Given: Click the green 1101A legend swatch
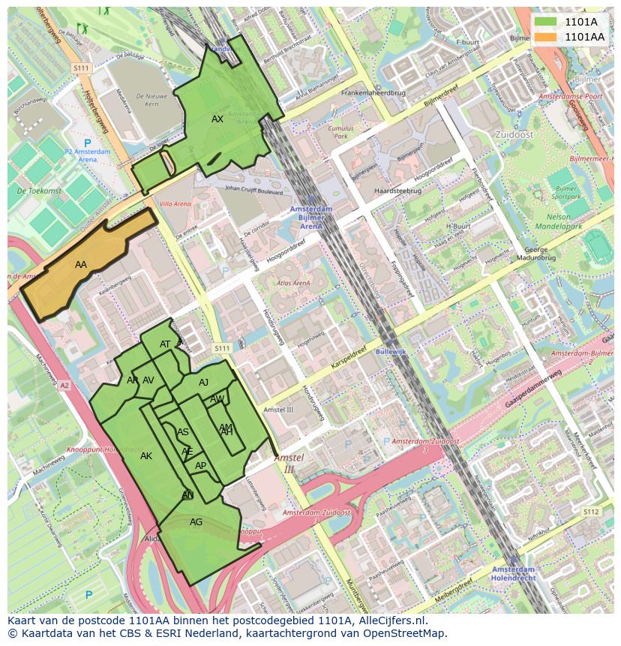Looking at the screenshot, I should click(x=546, y=22).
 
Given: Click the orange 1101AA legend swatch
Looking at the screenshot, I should click(x=546, y=36).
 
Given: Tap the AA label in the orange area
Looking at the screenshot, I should click(x=81, y=265).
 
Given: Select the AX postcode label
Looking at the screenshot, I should click(x=217, y=119).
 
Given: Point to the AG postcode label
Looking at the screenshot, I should click(x=196, y=522).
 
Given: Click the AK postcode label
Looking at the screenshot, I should click(x=146, y=456).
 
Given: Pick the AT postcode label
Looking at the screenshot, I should click(x=166, y=344).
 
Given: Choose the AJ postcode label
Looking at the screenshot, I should click(x=203, y=383).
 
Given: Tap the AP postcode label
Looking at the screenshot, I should click(x=200, y=466).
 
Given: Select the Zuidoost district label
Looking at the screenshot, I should click(x=514, y=134).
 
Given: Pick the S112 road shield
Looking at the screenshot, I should click(x=591, y=512).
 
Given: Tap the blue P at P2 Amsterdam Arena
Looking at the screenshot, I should click(x=87, y=143).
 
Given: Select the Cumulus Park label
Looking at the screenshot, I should click(x=341, y=133).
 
